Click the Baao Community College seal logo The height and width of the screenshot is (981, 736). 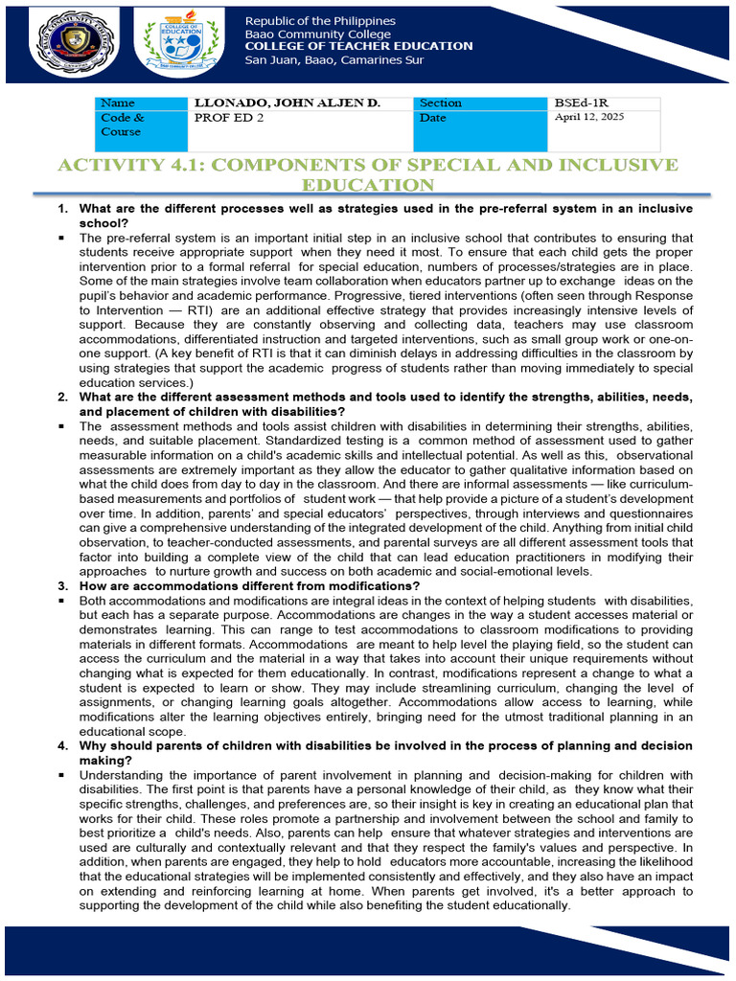coord(67,45)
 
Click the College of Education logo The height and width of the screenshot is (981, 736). coord(180,45)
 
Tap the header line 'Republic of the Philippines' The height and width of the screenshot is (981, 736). coord(320,21)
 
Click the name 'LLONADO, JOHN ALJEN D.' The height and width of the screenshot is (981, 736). coord(287,103)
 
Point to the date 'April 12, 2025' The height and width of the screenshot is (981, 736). coord(588,118)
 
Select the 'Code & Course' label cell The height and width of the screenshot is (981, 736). coord(122,125)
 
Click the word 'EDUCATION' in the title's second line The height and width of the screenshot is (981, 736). coord(368,185)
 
